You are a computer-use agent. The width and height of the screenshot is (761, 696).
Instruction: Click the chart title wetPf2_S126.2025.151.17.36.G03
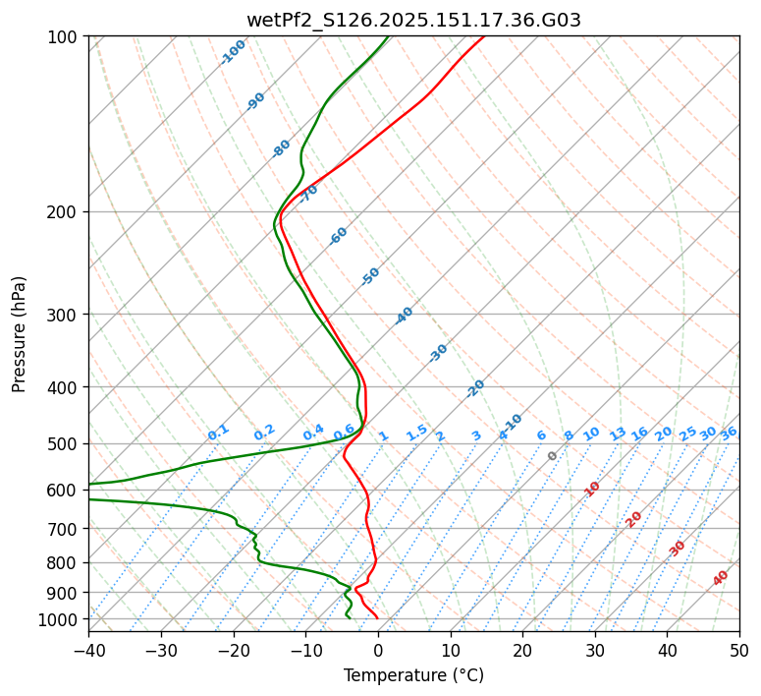coord(413,20)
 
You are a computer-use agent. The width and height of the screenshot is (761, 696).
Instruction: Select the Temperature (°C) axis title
coord(413,676)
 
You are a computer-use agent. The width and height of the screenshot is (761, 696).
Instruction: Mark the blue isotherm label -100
coord(233,52)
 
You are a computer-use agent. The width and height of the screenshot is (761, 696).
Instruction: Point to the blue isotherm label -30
coord(438,353)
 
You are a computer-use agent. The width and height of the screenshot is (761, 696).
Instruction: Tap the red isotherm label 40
coord(721,578)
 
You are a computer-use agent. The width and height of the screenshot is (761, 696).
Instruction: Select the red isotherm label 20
coord(634,519)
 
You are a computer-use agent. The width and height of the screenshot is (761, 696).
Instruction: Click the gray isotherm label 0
coord(553,456)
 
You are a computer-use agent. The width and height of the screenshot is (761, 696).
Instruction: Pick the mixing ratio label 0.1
coord(219,432)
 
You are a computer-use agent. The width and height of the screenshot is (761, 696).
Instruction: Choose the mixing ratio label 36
coord(729,433)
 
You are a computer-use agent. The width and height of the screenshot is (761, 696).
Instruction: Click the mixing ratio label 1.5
coord(417,432)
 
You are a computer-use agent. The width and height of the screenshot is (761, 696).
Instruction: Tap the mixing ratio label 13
coord(618,434)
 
